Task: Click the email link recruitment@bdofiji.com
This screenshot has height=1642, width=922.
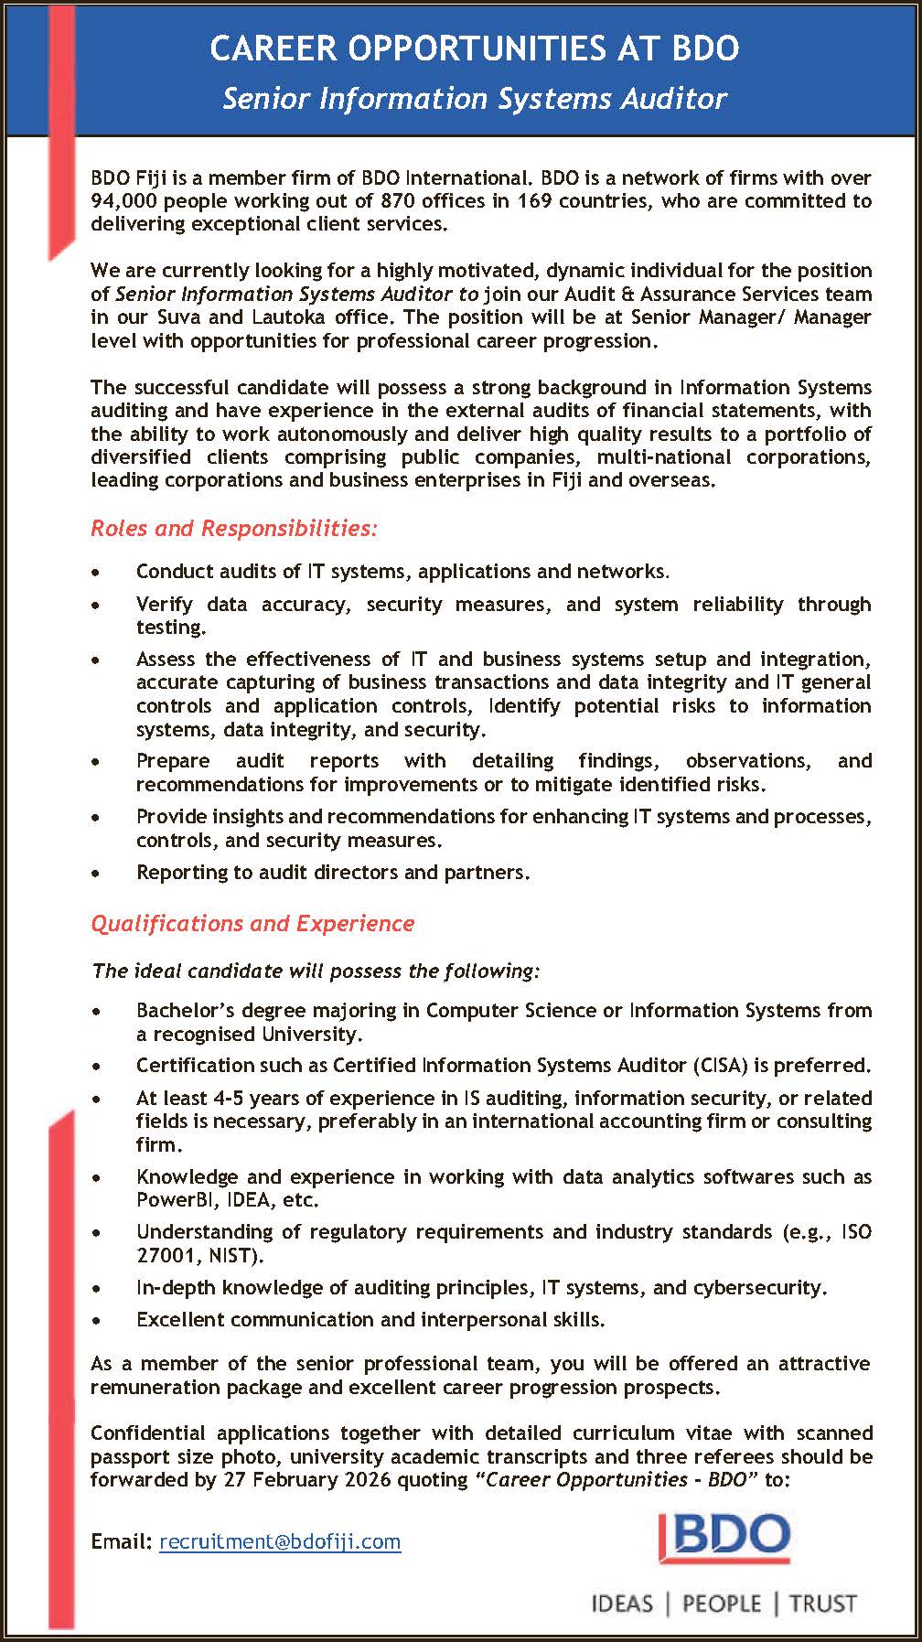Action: [280, 1541]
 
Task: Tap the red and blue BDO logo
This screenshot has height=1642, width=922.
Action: [724, 1539]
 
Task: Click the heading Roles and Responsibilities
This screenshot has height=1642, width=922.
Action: [233, 529]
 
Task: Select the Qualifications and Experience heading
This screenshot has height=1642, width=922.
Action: [252, 924]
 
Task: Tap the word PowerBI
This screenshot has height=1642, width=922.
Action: [174, 1200]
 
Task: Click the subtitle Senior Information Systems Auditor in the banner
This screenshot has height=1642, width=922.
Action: [475, 99]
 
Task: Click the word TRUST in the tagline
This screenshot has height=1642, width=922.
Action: [822, 1604]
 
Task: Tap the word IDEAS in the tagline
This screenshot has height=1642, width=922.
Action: [623, 1604]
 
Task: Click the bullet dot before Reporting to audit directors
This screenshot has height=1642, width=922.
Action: [97, 874]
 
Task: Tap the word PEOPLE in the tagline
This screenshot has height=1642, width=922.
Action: [722, 1604]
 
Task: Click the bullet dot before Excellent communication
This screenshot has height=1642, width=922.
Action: [97, 1321]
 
